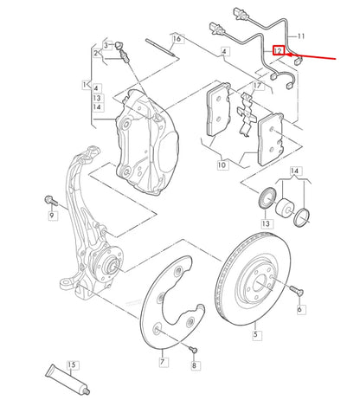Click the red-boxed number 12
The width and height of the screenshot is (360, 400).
[279, 51]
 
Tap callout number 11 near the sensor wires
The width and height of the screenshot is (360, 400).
[301, 36]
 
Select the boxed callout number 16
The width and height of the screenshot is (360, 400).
[177, 39]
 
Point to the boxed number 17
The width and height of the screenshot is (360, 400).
[257, 87]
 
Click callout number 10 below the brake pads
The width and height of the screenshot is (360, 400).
[222, 164]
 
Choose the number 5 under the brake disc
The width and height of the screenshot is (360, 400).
[255, 332]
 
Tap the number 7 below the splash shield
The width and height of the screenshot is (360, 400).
[162, 361]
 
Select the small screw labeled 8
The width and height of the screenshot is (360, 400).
[193, 349]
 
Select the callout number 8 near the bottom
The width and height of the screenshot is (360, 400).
[195, 366]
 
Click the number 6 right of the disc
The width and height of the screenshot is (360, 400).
[299, 307]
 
